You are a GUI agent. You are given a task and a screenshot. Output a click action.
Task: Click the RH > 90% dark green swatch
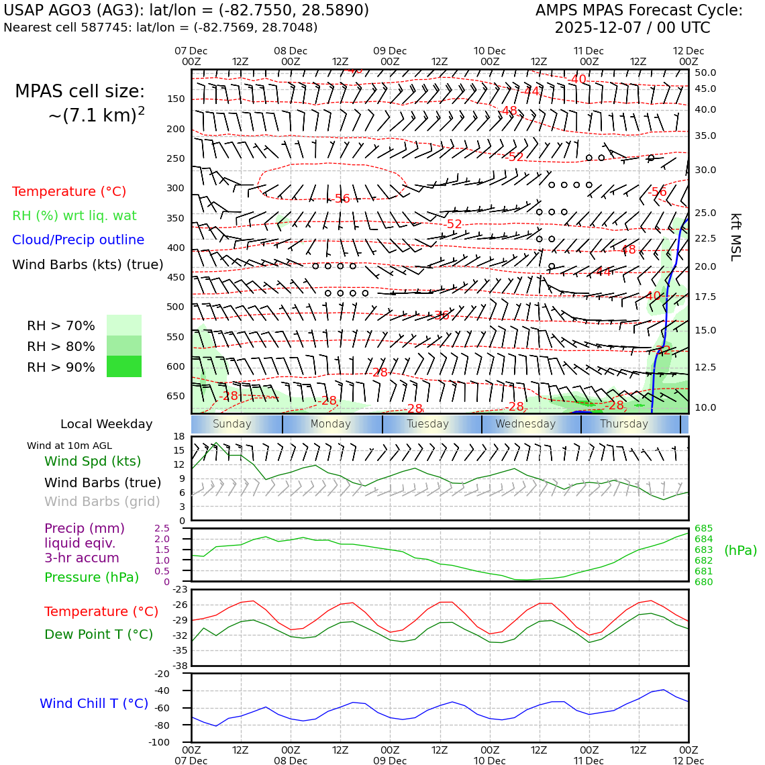(x=124, y=366)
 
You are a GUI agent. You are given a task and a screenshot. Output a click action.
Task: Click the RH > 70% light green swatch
(x=124, y=325)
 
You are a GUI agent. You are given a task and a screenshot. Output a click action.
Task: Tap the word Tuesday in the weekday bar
(x=427, y=424)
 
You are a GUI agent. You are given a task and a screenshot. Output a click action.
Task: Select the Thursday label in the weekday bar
(x=623, y=424)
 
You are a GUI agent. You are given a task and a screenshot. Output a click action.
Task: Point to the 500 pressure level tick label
(x=175, y=307)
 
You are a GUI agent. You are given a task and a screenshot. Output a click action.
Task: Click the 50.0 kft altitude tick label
(x=705, y=72)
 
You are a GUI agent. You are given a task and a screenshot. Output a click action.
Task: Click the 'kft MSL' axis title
(x=735, y=237)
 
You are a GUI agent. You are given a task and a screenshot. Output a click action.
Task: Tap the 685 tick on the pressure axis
(x=703, y=528)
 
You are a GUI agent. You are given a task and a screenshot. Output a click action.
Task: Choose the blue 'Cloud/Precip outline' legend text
(x=78, y=240)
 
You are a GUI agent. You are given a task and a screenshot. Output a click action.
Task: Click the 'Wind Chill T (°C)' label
(x=94, y=703)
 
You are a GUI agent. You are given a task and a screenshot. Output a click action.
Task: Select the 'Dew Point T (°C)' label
(x=99, y=634)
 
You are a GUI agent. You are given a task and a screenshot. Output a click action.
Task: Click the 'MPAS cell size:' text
(x=80, y=91)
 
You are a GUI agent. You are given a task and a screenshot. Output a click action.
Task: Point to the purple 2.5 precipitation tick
(x=162, y=528)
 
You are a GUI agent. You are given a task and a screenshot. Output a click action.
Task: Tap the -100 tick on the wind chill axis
(x=160, y=742)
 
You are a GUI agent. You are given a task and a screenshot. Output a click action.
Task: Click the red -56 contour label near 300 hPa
(x=342, y=199)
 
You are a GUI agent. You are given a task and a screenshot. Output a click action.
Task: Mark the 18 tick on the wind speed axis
(x=178, y=436)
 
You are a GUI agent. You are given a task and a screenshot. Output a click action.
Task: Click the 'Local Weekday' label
(x=106, y=424)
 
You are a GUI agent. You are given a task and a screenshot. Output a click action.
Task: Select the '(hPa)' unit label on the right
(x=740, y=550)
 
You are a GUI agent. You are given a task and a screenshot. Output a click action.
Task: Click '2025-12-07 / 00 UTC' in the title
(x=631, y=28)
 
